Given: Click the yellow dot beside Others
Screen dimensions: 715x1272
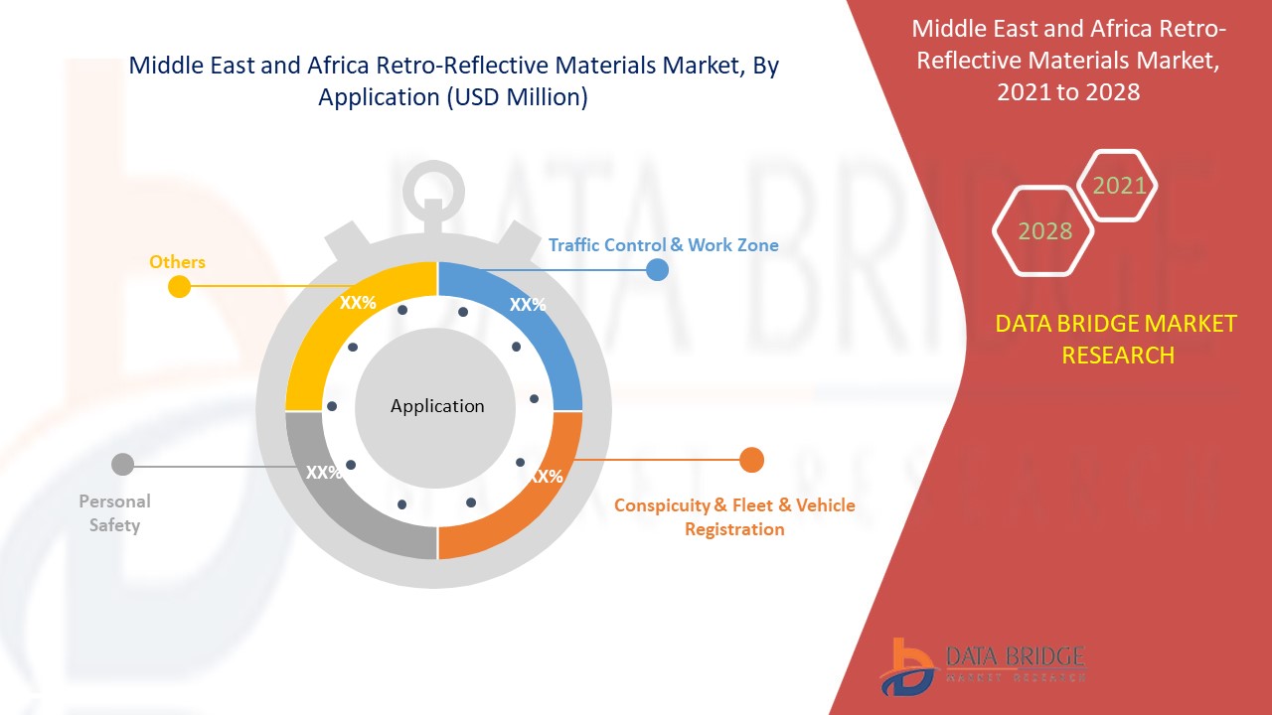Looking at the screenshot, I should [179, 287].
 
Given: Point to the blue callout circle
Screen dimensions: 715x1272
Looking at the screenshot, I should [657, 269].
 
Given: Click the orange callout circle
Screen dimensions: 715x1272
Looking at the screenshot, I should [751, 460].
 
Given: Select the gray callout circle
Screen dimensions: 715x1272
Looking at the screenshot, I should [122, 464].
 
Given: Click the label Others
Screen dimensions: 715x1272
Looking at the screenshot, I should [177, 262].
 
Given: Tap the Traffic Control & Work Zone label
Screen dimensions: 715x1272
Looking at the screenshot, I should [663, 244].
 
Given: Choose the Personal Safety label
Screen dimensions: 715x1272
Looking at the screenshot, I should [114, 513].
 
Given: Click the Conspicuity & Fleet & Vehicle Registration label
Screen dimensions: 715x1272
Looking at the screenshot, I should [733, 517].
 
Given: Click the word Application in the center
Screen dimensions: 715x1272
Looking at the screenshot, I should [437, 406].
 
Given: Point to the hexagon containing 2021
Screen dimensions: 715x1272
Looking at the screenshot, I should [1118, 186].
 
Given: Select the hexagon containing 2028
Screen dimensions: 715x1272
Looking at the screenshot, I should [1044, 230].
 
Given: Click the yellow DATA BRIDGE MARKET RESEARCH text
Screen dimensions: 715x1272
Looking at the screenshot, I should [1117, 339].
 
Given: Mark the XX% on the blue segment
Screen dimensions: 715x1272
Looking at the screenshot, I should [528, 305].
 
